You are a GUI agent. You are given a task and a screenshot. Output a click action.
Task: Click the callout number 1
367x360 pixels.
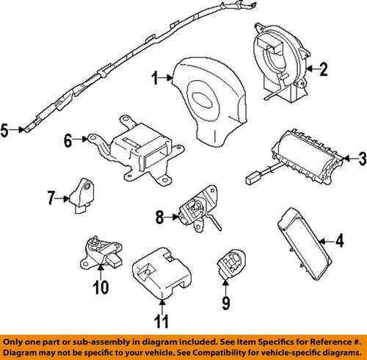tap(155, 77)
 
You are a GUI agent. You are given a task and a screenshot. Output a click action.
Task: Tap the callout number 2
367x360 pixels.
tap(324, 70)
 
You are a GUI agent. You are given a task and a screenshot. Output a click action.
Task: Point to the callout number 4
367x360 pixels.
tap(340, 239)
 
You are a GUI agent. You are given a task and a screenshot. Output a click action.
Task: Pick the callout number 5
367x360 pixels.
tap(5, 132)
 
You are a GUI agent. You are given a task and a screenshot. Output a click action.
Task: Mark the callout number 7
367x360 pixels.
tap(51, 197)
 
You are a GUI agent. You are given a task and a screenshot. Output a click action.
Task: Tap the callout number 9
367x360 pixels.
tap(225, 302)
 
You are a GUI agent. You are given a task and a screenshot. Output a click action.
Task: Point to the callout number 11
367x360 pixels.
tap(160, 320)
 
